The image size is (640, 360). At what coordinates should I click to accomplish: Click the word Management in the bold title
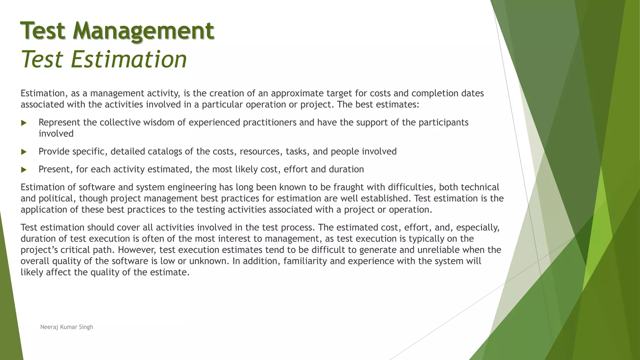pyautogui.click(x=143, y=31)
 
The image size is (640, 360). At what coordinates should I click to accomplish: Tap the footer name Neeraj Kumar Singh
pyautogui.click(x=67, y=327)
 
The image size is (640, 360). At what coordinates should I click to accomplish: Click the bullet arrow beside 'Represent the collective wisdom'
pyautogui.click(x=24, y=123)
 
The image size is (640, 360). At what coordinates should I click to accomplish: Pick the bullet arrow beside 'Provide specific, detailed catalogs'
pyautogui.click(x=24, y=152)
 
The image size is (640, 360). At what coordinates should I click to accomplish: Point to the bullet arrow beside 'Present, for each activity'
pyautogui.click(x=24, y=170)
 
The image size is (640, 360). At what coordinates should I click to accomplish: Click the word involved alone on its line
pyautogui.click(x=56, y=134)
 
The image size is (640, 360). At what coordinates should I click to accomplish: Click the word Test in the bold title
pyautogui.click(x=43, y=31)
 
